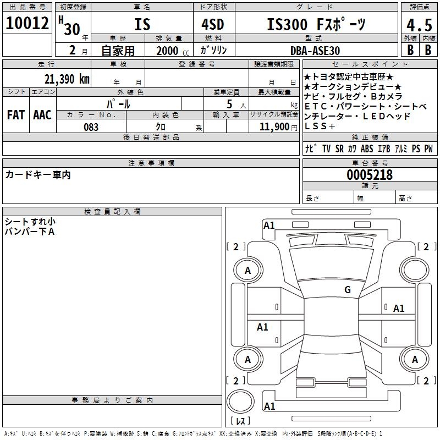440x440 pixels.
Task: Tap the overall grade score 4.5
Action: click(x=419, y=25)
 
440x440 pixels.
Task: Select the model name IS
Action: click(x=142, y=25)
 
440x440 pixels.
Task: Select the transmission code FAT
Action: click(x=16, y=115)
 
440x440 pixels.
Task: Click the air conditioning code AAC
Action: click(x=42, y=115)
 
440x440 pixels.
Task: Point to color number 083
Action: click(x=91, y=127)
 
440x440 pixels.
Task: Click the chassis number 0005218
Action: click(x=370, y=175)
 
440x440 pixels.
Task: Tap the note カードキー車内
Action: click(x=38, y=175)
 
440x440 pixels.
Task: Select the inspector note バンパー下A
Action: click(x=30, y=232)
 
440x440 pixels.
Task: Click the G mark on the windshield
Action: click(x=348, y=290)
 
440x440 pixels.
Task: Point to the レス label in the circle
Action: click(x=240, y=421)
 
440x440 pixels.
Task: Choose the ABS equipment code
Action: click(x=367, y=149)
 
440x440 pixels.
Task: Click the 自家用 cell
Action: click(x=118, y=51)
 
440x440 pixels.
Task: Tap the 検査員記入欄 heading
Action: click(x=112, y=212)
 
